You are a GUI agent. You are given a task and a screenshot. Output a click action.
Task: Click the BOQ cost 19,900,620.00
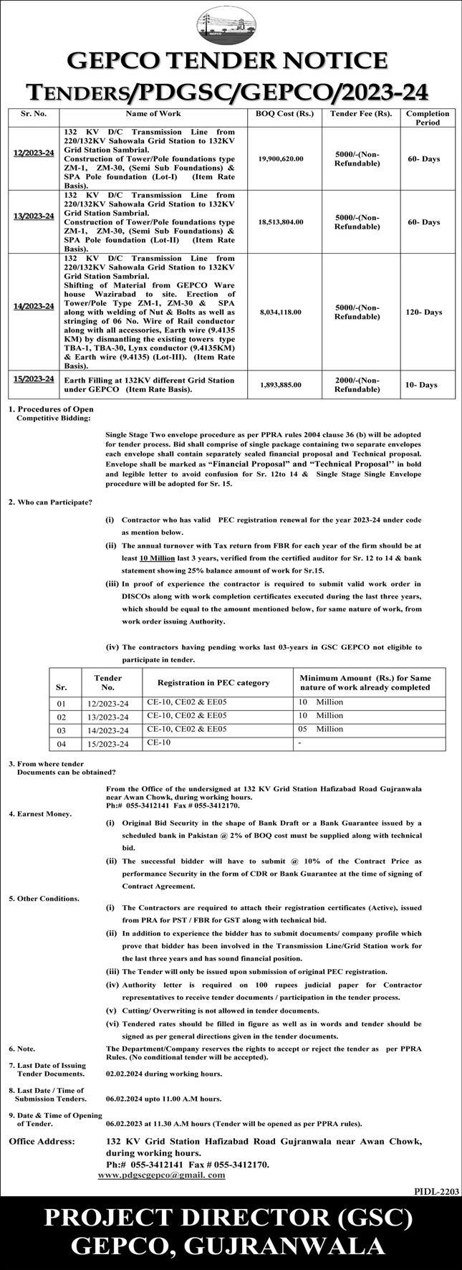pyautogui.click(x=281, y=158)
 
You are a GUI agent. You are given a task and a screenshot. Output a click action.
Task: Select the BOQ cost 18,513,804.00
pyautogui.click(x=281, y=222)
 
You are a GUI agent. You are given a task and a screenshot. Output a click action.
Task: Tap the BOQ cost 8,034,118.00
pyautogui.click(x=281, y=312)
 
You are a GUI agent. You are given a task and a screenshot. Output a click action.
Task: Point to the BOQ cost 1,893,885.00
pyautogui.click(x=281, y=385)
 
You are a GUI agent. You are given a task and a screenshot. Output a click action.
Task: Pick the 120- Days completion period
pyautogui.click(x=423, y=312)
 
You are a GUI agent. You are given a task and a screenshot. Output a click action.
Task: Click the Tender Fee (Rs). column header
pyautogui.click(x=361, y=114)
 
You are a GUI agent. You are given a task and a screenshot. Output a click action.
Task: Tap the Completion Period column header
pyautogui.click(x=428, y=118)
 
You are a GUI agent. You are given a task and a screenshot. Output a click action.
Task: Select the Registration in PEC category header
pyautogui.click(x=213, y=682)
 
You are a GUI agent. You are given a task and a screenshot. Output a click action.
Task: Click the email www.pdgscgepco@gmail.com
pyautogui.click(x=161, y=1175)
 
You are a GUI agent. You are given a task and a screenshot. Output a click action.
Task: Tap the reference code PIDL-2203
pyautogui.click(x=436, y=1190)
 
